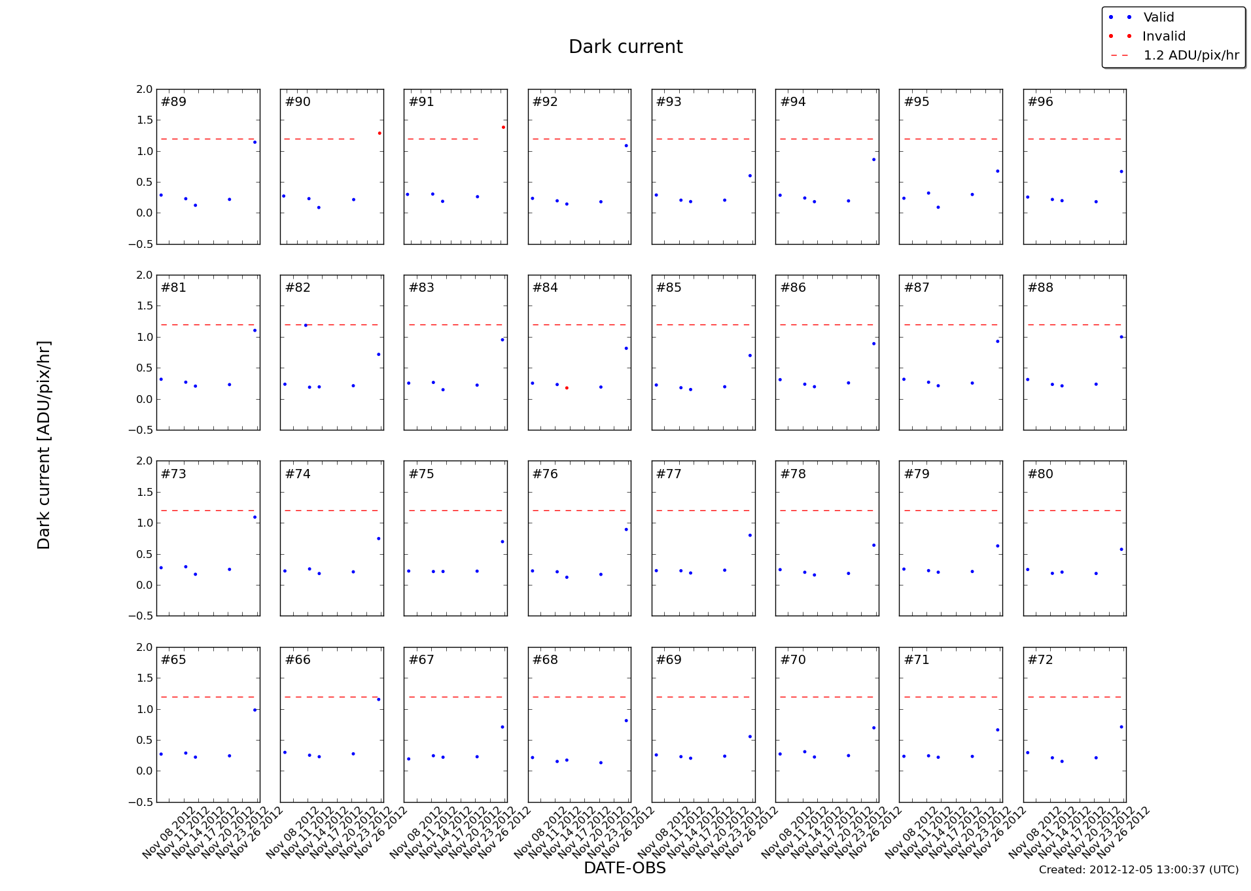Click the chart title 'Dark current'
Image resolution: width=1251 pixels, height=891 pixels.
point(625,47)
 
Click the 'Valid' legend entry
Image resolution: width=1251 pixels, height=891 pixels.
point(1158,18)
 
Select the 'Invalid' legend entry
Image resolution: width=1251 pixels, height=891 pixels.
point(1163,37)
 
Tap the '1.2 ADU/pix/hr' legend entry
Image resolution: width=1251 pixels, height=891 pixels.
point(1191,56)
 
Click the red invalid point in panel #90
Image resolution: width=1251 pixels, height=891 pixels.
point(379,133)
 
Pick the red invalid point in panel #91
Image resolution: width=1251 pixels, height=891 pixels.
point(503,127)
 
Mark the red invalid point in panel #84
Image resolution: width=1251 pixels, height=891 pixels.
point(567,388)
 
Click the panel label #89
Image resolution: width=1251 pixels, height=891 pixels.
point(174,102)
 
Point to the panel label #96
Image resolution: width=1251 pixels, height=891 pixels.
point(1040,102)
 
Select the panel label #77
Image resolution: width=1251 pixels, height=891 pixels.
point(669,474)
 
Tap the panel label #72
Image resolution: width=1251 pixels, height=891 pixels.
point(1040,660)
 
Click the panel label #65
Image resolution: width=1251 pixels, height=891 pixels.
point(174,660)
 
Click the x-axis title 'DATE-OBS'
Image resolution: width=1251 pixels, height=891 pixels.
point(624,868)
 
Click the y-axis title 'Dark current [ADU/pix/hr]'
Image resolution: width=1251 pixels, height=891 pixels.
point(44,445)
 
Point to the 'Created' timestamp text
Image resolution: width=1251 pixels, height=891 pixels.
point(1138,870)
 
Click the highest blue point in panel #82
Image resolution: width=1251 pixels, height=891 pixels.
point(306,325)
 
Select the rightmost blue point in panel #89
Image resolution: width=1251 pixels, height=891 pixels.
point(255,142)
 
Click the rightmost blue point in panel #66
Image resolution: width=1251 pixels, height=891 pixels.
point(379,699)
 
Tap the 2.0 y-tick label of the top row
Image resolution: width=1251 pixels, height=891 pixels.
point(145,90)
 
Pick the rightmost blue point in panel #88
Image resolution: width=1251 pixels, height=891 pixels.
point(1121,337)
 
